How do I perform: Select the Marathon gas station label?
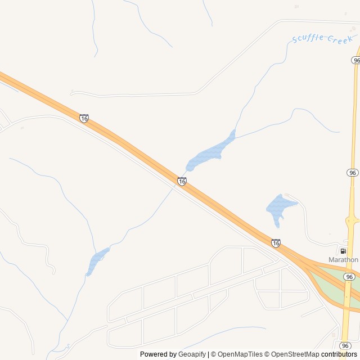[x=343, y=260]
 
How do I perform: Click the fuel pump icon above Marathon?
[x=343, y=251]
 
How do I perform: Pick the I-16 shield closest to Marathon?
[x=275, y=243]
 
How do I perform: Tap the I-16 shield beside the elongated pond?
[x=181, y=181]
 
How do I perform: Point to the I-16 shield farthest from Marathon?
[x=84, y=118]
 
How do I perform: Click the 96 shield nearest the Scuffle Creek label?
[x=356, y=60]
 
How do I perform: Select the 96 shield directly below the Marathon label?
[x=349, y=277]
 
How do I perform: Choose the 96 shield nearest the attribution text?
[x=345, y=345]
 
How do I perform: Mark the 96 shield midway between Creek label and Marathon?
[x=352, y=172]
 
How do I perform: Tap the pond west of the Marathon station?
[x=280, y=207]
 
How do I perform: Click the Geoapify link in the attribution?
[x=192, y=354]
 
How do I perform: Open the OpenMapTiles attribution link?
[x=239, y=354]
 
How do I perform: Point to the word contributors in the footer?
[x=339, y=354]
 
